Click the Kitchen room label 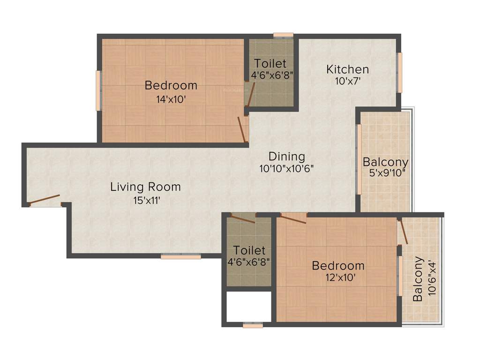(x=347, y=69)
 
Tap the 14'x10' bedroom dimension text (x=171, y=99)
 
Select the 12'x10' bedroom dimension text (x=338, y=277)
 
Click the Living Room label (x=145, y=187)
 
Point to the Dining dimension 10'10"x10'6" (x=286, y=168)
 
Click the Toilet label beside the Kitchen (x=270, y=63)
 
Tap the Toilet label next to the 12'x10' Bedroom (x=249, y=250)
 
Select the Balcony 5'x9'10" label (x=386, y=163)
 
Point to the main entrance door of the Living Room (x=45, y=200)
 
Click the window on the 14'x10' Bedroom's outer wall (x=98, y=90)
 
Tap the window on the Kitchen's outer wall (x=400, y=73)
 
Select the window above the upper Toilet (x=283, y=35)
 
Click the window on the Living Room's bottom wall (x=180, y=256)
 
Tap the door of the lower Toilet (x=243, y=219)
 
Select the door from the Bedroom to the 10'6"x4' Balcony (x=403, y=232)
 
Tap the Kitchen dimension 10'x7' (x=347, y=81)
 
